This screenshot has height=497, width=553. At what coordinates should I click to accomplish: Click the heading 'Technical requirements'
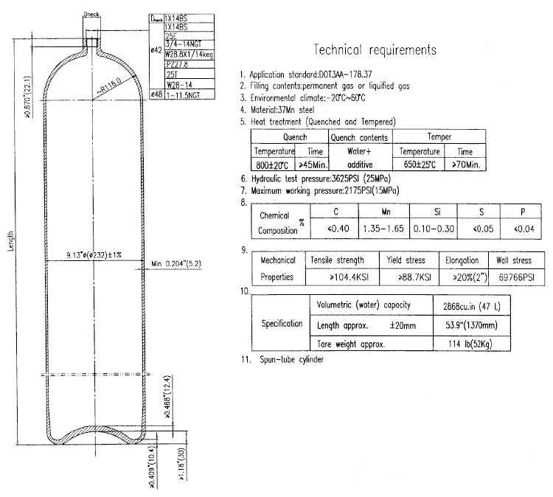(x=375, y=50)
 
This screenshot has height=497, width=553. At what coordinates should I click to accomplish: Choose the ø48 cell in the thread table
(x=156, y=94)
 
